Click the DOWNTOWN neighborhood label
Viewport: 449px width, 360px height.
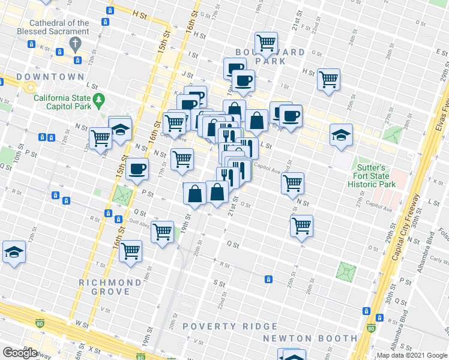[x=50, y=77]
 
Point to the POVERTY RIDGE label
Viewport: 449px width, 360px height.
[x=230, y=326]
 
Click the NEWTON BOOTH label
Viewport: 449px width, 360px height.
[x=310, y=338]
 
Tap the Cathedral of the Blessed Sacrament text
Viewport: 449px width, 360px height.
[x=61, y=28]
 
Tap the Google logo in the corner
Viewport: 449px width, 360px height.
[x=20, y=353]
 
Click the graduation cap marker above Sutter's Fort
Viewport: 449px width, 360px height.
[x=341, y=135]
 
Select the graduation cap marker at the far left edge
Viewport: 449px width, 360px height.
[x=13, y=253]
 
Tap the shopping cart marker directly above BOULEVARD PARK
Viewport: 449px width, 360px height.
[x=266, y=42]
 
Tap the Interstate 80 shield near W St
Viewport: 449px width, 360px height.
[x=40, y=323]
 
